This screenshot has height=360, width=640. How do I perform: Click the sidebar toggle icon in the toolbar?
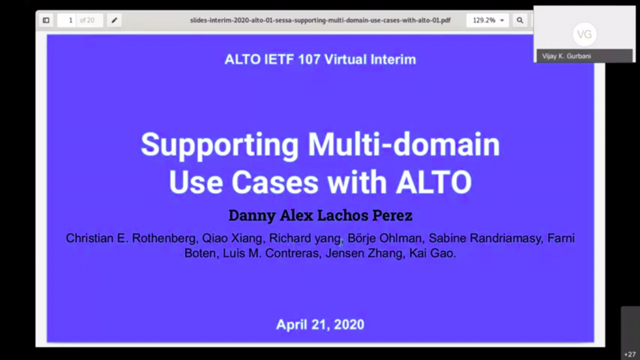[x=46, y=20]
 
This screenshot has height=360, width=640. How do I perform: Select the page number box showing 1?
[x=67, y=20]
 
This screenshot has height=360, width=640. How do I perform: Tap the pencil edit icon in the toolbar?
[x=114, y=20]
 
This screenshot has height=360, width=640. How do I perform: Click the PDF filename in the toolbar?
[x=320, y=20]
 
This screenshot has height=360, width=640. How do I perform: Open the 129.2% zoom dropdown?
[x=487, y=20]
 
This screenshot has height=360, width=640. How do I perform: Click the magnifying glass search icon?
[x=519, y=20]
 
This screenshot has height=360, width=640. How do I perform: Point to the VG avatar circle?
[x=584, y=34]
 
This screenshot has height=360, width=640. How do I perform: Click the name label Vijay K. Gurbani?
[x=566, y=56]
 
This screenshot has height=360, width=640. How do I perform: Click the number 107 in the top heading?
[x=309, y=59]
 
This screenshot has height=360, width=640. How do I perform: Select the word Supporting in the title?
[x=219, y=144]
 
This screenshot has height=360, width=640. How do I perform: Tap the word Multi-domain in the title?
[x=404, y=144]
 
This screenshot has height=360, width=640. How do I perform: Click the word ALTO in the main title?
[x=434, y=182]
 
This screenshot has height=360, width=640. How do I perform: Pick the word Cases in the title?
[x=275, y=182]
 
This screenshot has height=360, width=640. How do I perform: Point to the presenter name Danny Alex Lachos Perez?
[x=321, y=215]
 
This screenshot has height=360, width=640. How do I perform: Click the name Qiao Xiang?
[x=232, y=238]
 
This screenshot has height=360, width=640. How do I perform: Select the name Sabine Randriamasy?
[x=485, y=238]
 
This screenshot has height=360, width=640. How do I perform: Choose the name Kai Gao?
[x=432, y=254]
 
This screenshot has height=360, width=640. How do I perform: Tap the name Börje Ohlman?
[x=384, y=238]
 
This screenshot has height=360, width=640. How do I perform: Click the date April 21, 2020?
[x=321, y=324]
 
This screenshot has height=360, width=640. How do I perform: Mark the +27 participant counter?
[x=630, y=354]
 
